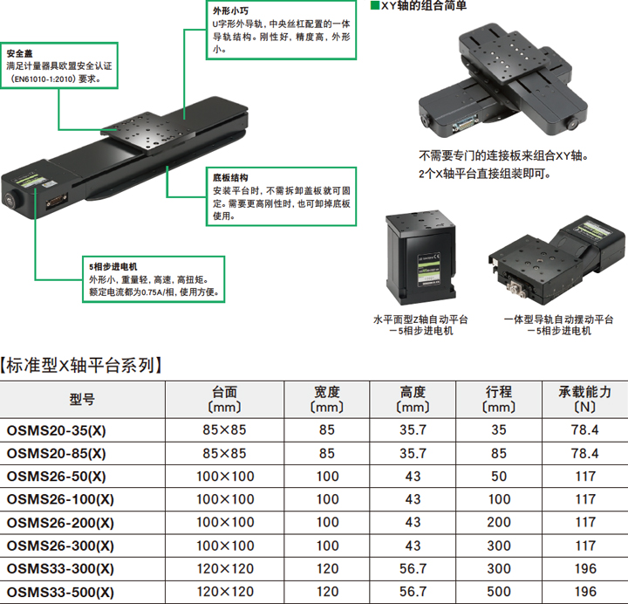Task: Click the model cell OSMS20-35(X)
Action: click(x=57, y=430)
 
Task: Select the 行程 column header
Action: click(x=499, y=392)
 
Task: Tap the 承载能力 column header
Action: click(x=584, y=392)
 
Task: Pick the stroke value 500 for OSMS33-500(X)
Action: click(x=499, y=592)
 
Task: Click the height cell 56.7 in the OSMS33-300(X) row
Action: click(x=413, y=568)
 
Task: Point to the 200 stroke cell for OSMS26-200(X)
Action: click(x=499, y=522)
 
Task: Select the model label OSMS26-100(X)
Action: click(x=60, y=499)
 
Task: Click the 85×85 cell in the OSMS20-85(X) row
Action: click(x=224, y=453)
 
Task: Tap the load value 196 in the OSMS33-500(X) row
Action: click(x=585, y=592)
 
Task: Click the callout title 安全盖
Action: click(x=19, y=53)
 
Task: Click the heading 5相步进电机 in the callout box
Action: click(x=113, y=266)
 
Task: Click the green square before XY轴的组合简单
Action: click(x=375, y=5)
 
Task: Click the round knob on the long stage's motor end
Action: click(x=10, y=199)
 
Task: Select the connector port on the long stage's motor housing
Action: click(x=57, y=201)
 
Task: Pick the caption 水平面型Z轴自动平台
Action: click(x=420, y=319)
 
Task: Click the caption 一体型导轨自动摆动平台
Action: click(x=559, y=319)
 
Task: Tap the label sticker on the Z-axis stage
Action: click(x=429, y=269)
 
